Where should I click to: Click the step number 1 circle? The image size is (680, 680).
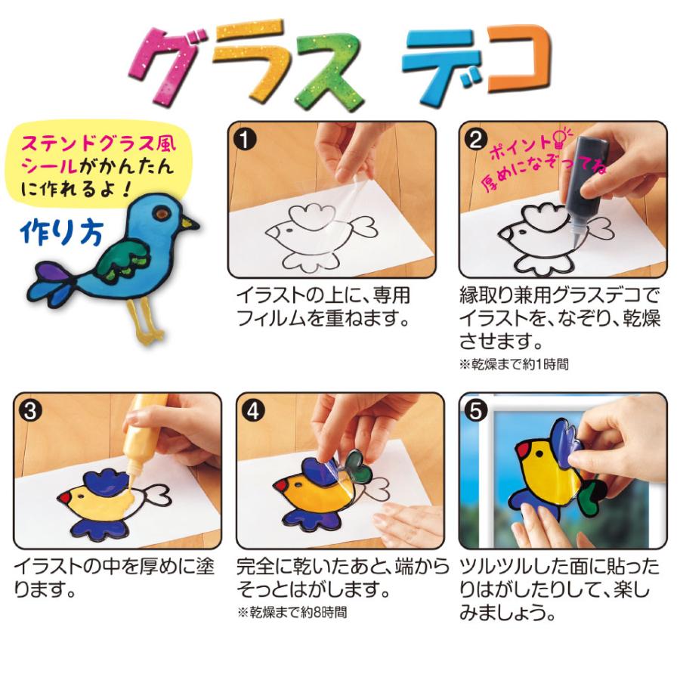[247, 139]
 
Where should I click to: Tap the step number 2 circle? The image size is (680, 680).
[478, 139]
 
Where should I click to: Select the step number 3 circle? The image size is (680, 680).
[30, 410]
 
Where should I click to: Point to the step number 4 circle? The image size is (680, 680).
[255, 410]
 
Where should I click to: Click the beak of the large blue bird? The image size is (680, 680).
[190, 224]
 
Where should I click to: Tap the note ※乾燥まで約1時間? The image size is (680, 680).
[513, 365]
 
